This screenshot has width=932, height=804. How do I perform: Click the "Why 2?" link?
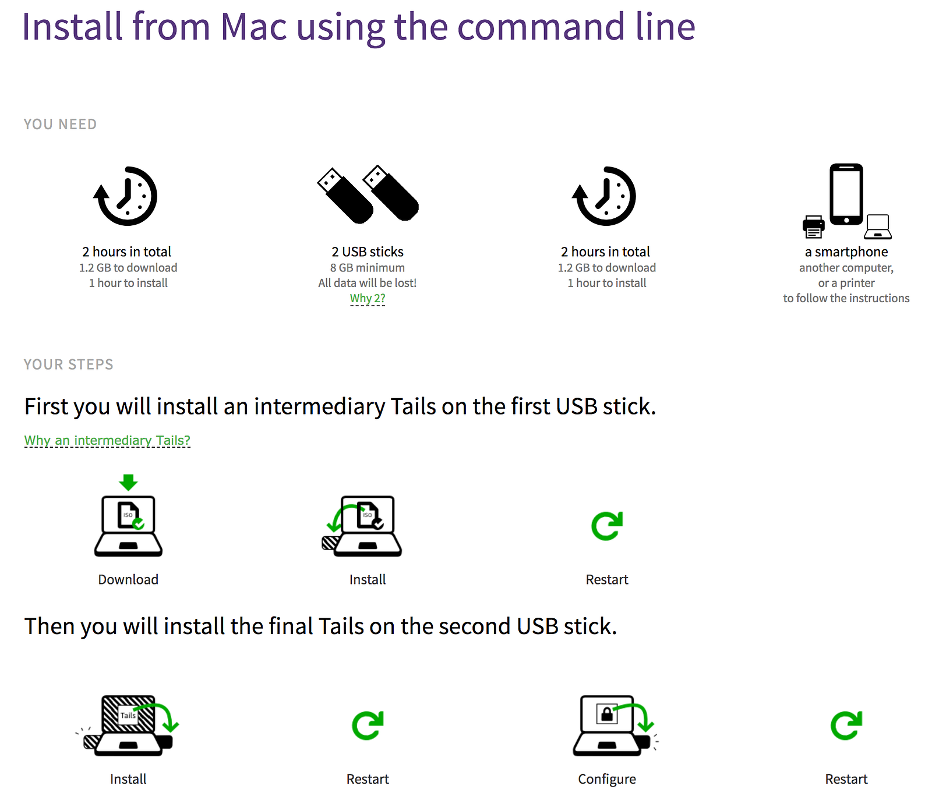tap(368, 298)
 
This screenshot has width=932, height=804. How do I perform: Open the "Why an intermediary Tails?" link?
tap(107, 440)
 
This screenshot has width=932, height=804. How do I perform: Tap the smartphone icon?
tap(846, 194)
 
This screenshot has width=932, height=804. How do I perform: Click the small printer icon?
tap(814, 226)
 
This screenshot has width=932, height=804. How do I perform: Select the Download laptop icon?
tap(128, 526)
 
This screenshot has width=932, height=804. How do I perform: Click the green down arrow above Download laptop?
tap(128, 482)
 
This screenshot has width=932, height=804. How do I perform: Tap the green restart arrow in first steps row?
tap(607, 526)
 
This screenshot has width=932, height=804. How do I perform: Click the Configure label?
tap(607, 779)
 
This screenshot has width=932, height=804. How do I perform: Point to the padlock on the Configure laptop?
tap(607, 714)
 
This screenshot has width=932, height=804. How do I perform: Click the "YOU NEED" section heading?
tap(60, 124)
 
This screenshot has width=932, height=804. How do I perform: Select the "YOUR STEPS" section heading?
tap(69, 364)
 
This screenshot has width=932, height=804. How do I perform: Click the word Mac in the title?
tap(254, 27)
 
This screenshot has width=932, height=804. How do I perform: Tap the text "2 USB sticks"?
tap(368, 252)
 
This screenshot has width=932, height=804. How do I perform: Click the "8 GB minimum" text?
tap(368, 268)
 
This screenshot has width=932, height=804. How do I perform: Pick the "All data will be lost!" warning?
tap(368, 283)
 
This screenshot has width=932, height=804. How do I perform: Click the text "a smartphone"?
tap(846, 252)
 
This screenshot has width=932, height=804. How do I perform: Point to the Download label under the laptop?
tap(128, 579)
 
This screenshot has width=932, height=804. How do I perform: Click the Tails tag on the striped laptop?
tap(128, 716)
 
